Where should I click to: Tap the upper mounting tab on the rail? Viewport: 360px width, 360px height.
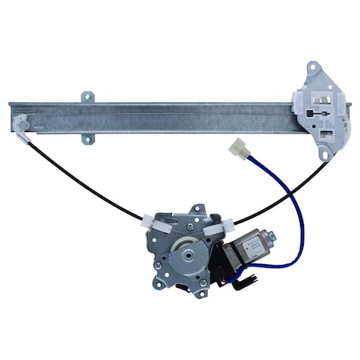point(86,98)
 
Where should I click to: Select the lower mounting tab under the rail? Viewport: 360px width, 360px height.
point(89,140)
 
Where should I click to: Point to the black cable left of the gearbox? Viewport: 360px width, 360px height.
point(88,180)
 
